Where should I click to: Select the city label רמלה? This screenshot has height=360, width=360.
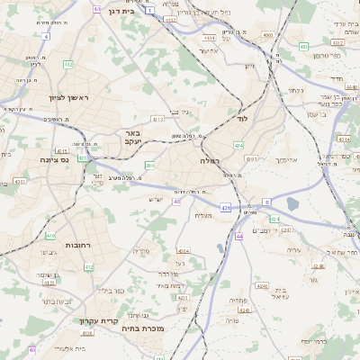click(x=211, y=160)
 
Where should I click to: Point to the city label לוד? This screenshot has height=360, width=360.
click(x=241, y=119)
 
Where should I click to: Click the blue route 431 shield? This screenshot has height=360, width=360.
click(x=224, y=208)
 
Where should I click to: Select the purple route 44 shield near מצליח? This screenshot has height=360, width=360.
click(x=239, y=236)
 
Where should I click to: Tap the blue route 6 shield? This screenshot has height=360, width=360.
click(x=266, y=202)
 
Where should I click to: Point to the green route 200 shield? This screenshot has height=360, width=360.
click(x=150, y=166)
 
